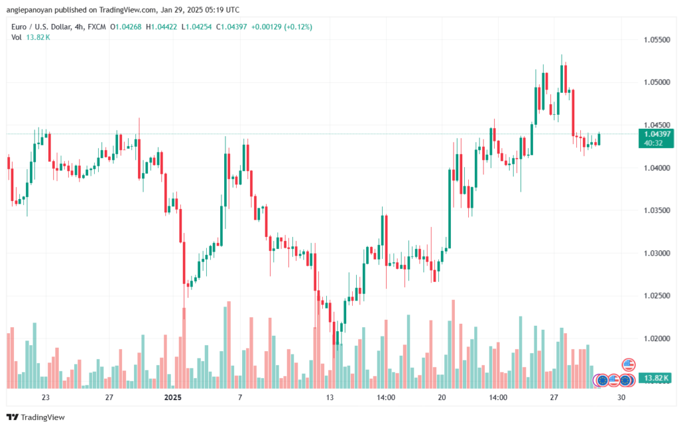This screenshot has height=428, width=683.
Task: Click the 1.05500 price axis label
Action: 657,39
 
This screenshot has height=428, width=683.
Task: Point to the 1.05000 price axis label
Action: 657,82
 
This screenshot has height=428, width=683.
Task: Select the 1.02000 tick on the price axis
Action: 657,339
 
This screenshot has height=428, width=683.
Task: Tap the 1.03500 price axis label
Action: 657,210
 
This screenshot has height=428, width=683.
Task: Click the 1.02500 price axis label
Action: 657,296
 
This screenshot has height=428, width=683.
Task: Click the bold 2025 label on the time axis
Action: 173,397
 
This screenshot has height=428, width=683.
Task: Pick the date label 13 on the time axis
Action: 329,397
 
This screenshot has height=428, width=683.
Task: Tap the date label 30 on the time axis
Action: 621,397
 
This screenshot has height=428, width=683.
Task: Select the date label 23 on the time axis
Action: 45,397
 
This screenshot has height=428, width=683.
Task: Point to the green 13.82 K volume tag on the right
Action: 656,378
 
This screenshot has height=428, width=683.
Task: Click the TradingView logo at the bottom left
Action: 36,417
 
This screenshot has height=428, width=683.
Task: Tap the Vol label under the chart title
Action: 17,37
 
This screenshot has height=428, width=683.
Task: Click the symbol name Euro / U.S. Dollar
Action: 41,27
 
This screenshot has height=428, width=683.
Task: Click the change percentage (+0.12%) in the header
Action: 298,27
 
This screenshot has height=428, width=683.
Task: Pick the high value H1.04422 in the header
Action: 161,27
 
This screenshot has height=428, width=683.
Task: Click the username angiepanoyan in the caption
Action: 29,10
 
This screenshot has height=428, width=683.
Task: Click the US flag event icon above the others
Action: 628,365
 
